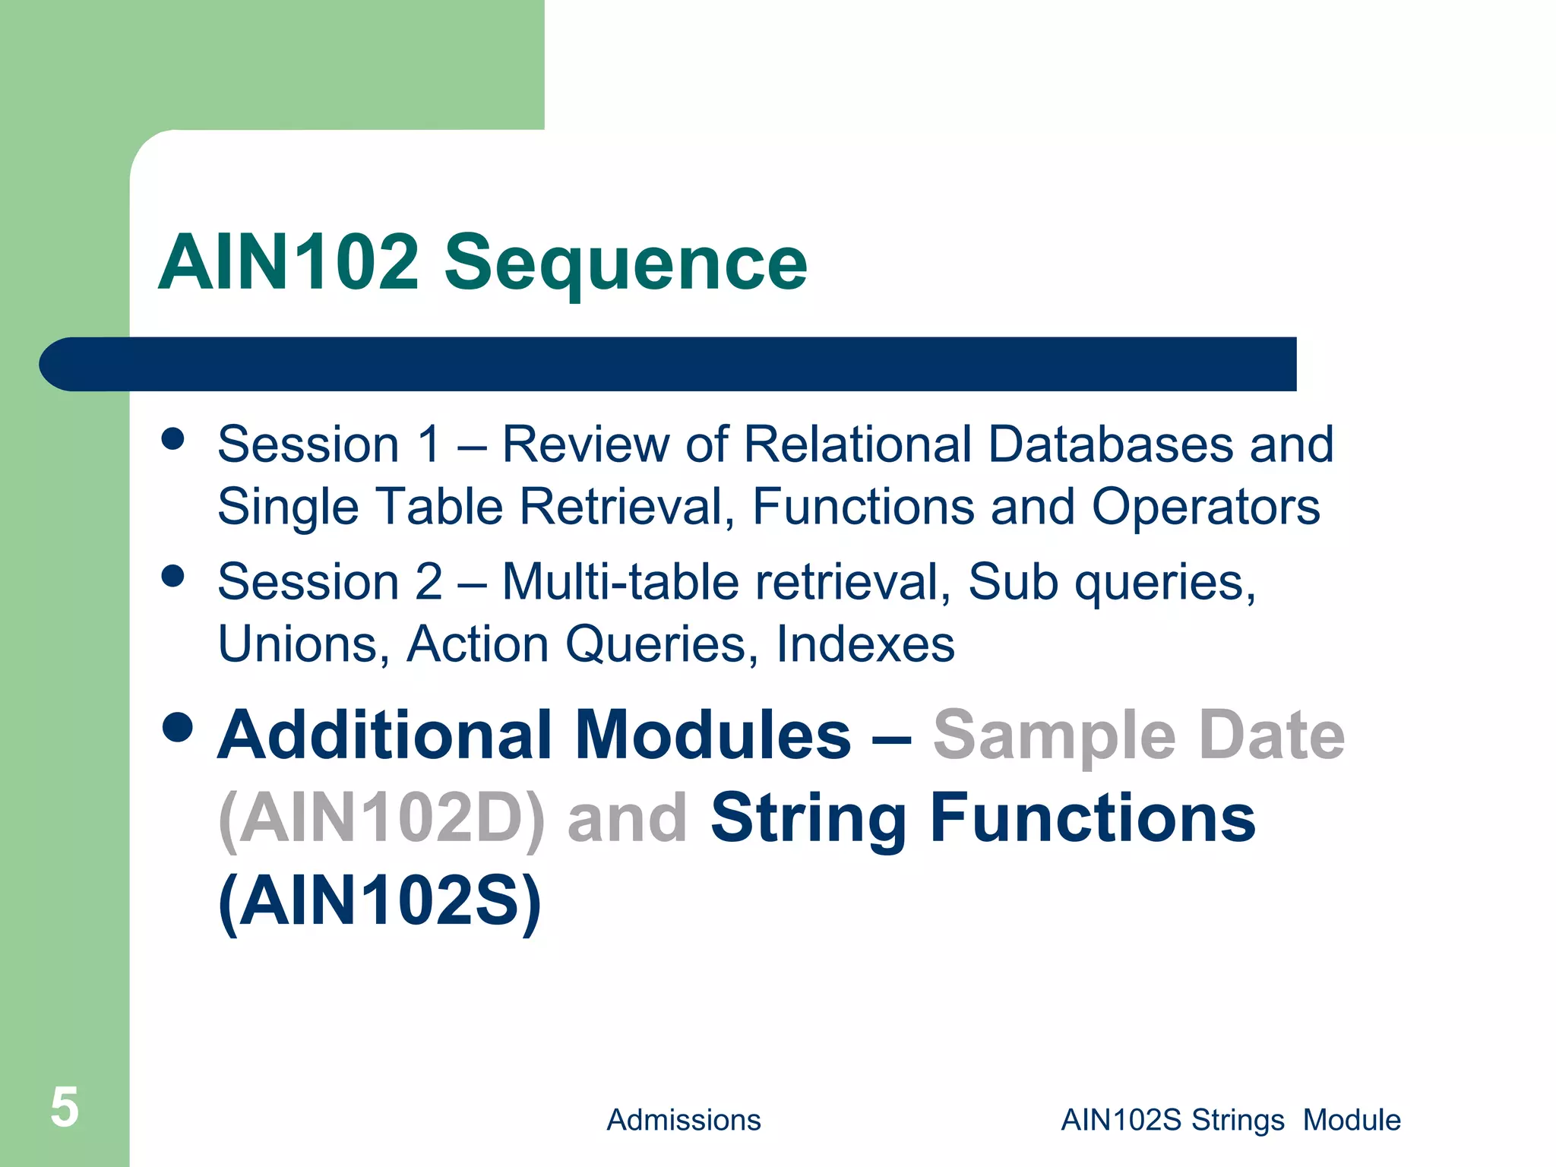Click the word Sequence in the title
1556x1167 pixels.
coord(625,263)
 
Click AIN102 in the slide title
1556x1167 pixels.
coord(289,263)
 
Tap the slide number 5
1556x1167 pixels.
coord(65,1107)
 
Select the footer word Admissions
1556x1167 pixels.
coord(683,1120)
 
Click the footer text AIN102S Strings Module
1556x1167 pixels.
coord(1230,1120)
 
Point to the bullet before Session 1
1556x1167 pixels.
coord(173,439)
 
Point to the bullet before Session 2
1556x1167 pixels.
coord(173,576)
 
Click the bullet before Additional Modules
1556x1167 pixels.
coord(178,727)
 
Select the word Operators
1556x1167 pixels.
coord(1206,506)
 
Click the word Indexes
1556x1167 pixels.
coord(865,644)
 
